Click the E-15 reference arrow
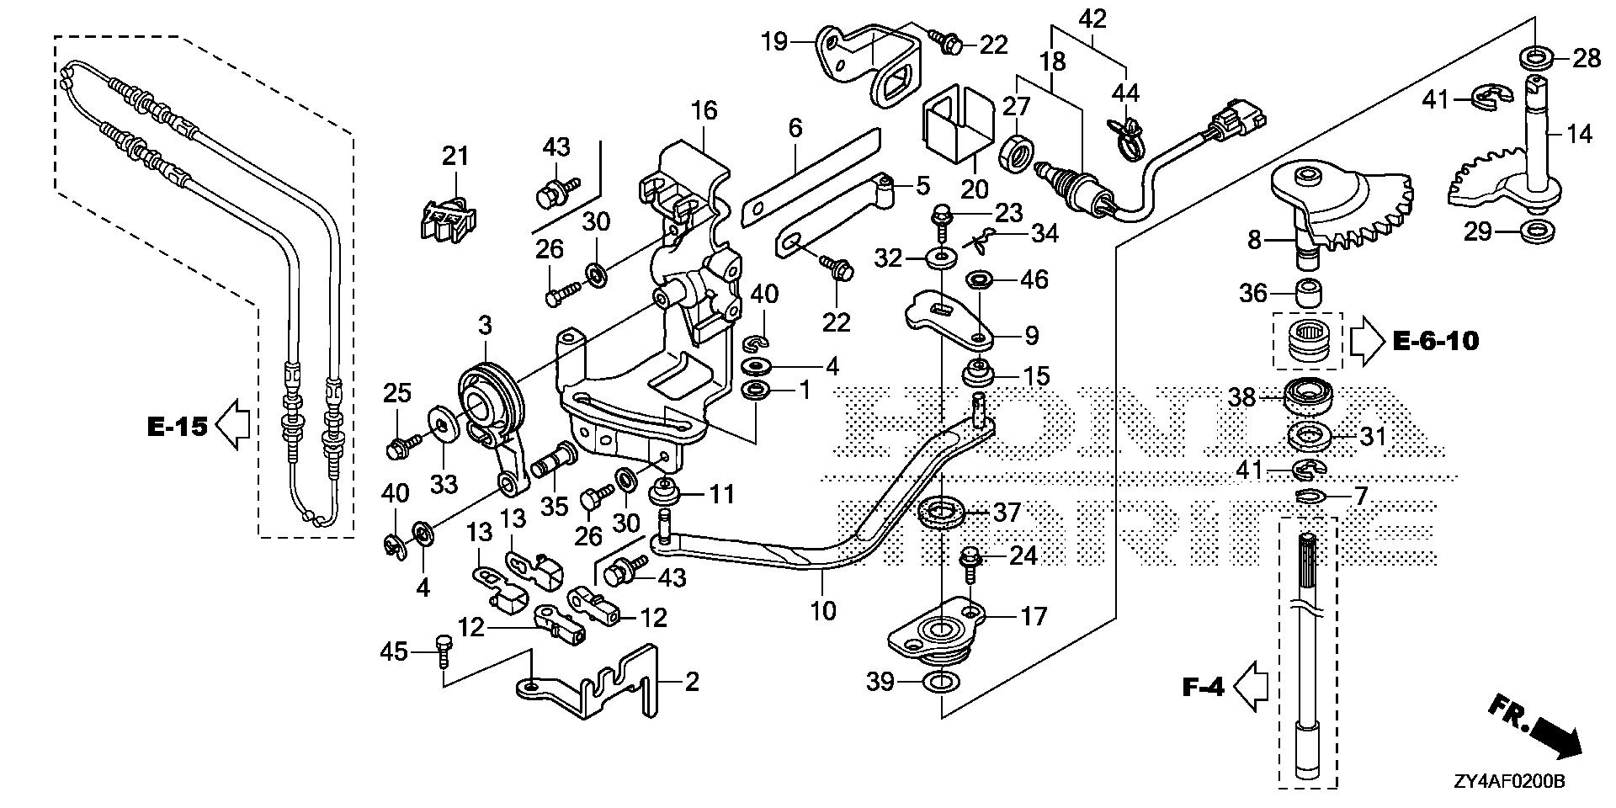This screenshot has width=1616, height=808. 232,427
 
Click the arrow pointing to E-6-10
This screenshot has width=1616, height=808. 1366,342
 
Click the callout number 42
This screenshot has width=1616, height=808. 1093,19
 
